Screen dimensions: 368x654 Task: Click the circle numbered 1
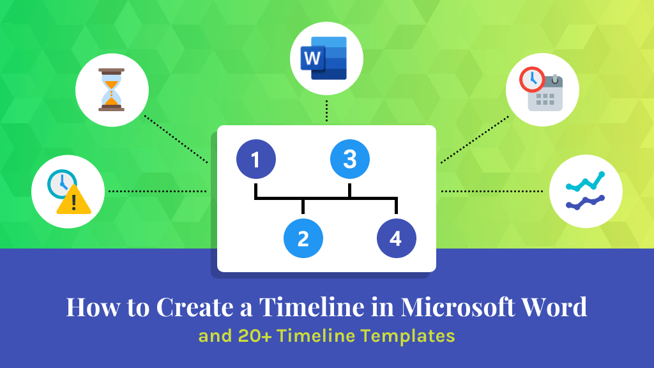(255, 159)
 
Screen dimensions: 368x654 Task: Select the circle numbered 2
(303, 239)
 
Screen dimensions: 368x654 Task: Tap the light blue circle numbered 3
(349, 159)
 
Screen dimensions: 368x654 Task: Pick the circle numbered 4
(396, 239)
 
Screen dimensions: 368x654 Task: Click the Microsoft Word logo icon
(326, 58)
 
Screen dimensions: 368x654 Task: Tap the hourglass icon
(112, 89)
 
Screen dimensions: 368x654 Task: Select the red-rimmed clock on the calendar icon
(532, 80)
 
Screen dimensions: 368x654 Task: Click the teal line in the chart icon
(585, 183)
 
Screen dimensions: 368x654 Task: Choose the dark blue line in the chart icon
(585, 203)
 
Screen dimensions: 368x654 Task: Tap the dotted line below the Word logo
(326, 110)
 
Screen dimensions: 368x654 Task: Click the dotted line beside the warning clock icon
(156, 191)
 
